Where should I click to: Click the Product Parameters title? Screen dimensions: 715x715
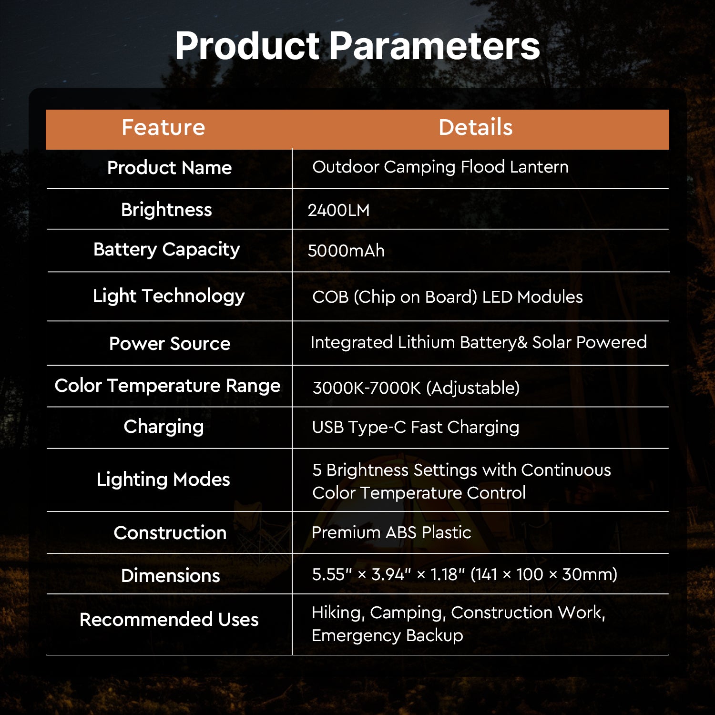357,46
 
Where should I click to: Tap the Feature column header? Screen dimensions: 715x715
163,128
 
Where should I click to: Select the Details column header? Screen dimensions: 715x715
475,128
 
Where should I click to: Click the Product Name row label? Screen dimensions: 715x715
169,168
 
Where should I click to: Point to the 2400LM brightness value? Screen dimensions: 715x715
338,210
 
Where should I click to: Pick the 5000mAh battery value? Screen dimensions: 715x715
346,251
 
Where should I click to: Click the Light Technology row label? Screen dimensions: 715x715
169,296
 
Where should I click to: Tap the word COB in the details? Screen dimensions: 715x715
330,297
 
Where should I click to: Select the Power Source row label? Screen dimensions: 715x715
170,344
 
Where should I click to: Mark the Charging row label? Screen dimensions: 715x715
163,427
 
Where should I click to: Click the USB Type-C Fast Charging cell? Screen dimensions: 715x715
415,428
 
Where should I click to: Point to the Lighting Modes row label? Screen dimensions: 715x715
163,480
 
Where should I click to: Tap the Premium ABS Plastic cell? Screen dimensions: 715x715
391,532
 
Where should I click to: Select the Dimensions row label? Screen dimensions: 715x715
171,576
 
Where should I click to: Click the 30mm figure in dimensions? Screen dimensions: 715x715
589,574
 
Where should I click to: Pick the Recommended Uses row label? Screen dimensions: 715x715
169,620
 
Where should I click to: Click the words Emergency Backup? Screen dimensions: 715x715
387,636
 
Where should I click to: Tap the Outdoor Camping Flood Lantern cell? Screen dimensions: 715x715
440,167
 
